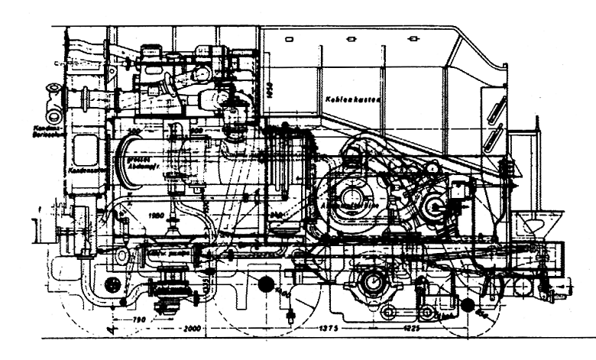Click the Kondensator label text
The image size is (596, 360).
(x=84, y=170)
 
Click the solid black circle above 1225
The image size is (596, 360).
(x=467, y=306)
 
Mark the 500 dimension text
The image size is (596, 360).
(x=136, y=132)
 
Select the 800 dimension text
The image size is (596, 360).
(x=196, y=132)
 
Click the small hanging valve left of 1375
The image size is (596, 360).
(x=290, y=314)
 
